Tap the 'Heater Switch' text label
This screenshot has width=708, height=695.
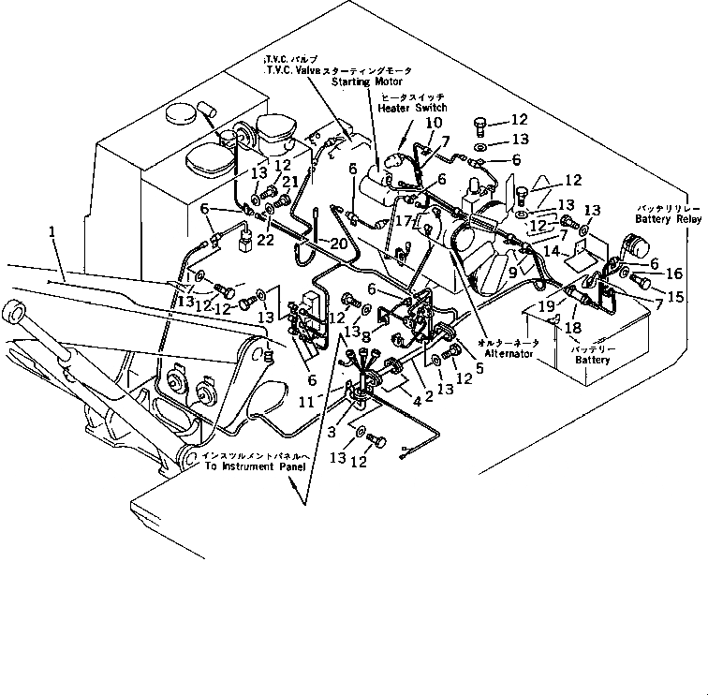411,108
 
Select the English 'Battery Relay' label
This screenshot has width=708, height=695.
668,218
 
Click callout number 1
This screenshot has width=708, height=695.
53,231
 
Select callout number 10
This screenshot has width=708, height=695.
434,123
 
